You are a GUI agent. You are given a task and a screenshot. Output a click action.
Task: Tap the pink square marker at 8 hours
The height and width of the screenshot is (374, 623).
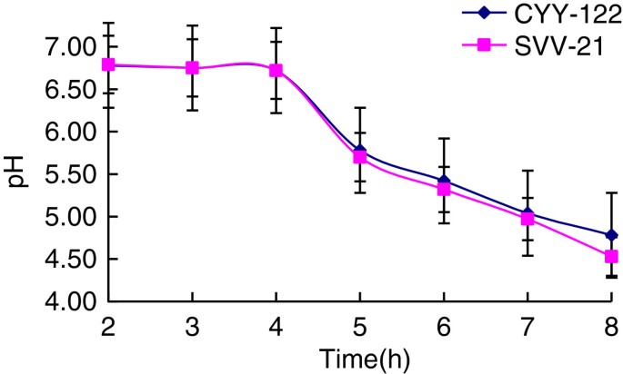(611, 257)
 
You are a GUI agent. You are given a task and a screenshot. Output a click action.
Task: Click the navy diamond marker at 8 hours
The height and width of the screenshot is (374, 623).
(611, 235)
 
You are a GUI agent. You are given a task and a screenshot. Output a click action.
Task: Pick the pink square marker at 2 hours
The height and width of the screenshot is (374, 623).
(107, 64)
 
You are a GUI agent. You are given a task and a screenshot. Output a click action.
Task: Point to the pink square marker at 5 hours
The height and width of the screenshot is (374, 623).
(359, 157)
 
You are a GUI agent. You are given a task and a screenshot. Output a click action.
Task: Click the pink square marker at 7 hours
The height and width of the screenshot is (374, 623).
(528, 219)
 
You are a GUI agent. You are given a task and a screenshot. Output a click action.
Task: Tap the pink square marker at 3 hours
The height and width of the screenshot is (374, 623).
(192, 68)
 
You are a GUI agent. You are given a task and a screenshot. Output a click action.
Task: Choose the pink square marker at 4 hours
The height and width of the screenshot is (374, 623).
(276, 71)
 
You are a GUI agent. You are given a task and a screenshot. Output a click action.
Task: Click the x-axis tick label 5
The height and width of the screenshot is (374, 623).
(359, 324)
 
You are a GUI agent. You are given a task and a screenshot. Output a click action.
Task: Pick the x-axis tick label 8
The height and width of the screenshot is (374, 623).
(611, 324)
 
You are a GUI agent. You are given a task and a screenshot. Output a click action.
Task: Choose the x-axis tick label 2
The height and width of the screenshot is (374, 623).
(107, 324)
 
